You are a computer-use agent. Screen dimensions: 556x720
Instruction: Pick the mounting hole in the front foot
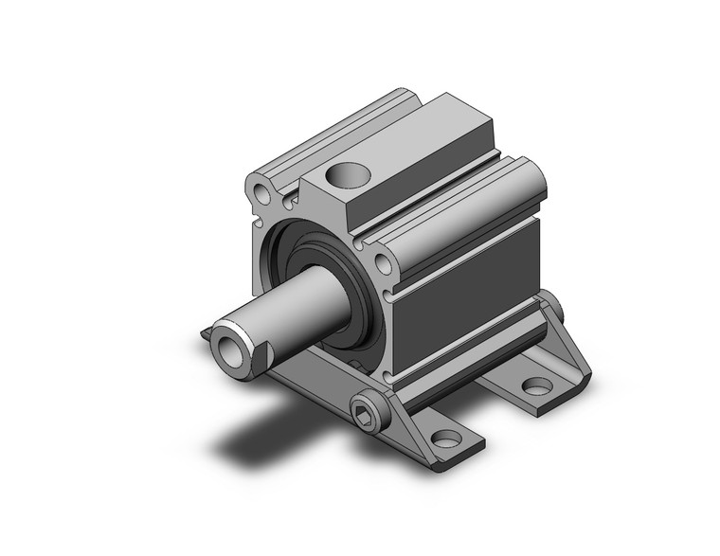444,439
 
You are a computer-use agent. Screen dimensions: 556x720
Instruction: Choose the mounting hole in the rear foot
537,386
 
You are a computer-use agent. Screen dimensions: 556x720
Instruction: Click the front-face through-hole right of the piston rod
384,263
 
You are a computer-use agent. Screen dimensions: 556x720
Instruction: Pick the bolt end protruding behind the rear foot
552,308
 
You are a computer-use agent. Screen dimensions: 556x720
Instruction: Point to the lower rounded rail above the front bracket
464,350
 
